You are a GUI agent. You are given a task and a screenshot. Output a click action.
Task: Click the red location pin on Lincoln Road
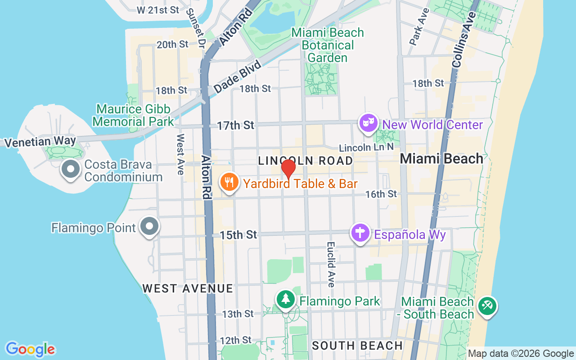[288, 169]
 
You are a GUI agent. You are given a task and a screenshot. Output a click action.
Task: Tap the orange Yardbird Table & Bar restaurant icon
[229, 182]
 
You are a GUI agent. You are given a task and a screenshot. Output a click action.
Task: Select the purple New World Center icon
[368, 122]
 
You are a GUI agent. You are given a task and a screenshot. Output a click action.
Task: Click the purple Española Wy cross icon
[360, 233]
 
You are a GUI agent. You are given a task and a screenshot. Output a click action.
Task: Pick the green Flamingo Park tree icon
[285, 299]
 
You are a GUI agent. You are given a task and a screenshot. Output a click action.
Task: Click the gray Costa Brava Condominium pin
[71, 170]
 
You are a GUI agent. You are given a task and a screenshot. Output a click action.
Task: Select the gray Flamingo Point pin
[149, 226]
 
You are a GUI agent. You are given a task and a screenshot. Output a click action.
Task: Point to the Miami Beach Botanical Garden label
[327, 45]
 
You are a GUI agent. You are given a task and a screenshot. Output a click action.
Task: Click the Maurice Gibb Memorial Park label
[133, 115]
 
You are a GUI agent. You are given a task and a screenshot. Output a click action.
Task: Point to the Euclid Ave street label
[331, 265]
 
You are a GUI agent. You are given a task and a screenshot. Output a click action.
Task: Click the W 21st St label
[157, 9]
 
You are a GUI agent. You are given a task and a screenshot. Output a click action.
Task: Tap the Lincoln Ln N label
[366, 148]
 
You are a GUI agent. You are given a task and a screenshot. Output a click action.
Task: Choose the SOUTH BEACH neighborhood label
[357, 346]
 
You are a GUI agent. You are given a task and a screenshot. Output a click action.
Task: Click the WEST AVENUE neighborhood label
[188, 288]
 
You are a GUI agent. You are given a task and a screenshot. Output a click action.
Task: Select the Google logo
[30, 349]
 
